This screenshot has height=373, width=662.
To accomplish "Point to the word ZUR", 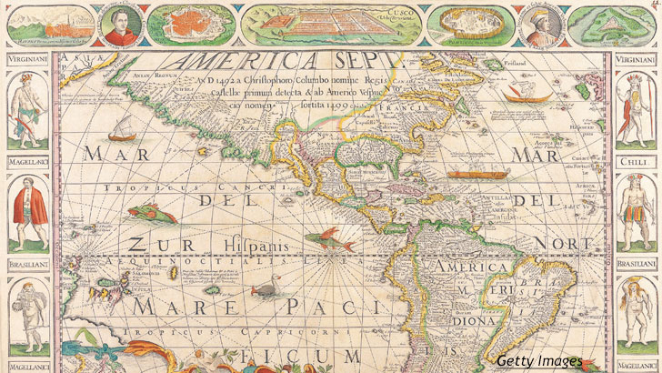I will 149,245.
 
